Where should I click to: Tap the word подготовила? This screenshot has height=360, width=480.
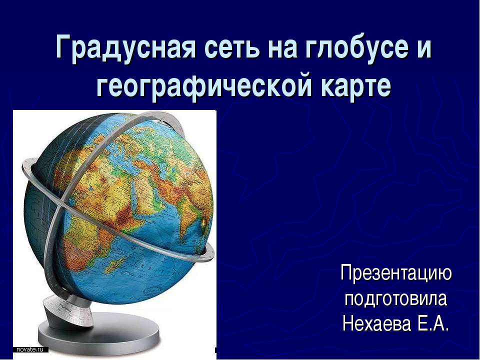pos(396,299)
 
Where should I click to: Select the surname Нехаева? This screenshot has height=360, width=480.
pos(376,323)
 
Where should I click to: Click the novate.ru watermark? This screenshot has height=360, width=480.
pos(30,349)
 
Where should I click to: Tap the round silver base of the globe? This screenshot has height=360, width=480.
pos(98,334)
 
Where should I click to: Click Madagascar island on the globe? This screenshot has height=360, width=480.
pos(115,265)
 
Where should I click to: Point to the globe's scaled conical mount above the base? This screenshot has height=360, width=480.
pos(68,312)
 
